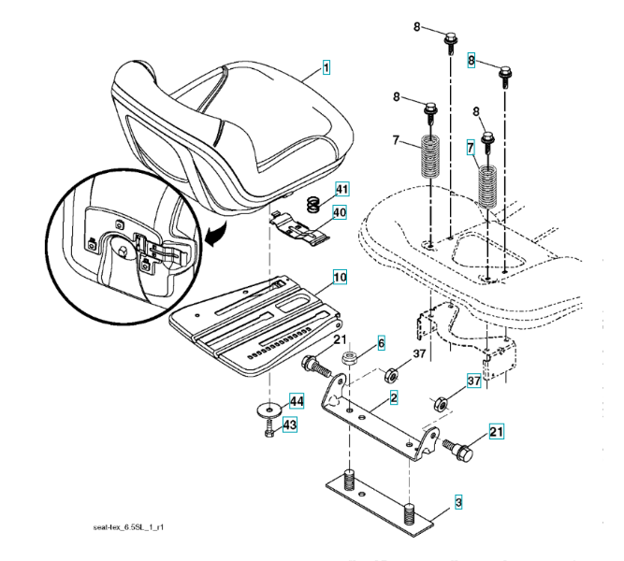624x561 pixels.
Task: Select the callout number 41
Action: (x=341, y=190)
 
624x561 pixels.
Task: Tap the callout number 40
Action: (x=339, y=212)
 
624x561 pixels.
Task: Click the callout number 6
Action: (x=381, y=343)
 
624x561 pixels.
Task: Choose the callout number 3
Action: (x=458, y=504)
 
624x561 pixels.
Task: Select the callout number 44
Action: (x=297, y=401)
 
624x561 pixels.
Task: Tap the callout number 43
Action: (x=289, y=425)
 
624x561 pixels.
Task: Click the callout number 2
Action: (x=395, y=399)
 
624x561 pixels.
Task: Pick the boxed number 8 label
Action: (x=472, y=61)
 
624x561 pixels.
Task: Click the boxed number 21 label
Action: (x=496, y=432)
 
